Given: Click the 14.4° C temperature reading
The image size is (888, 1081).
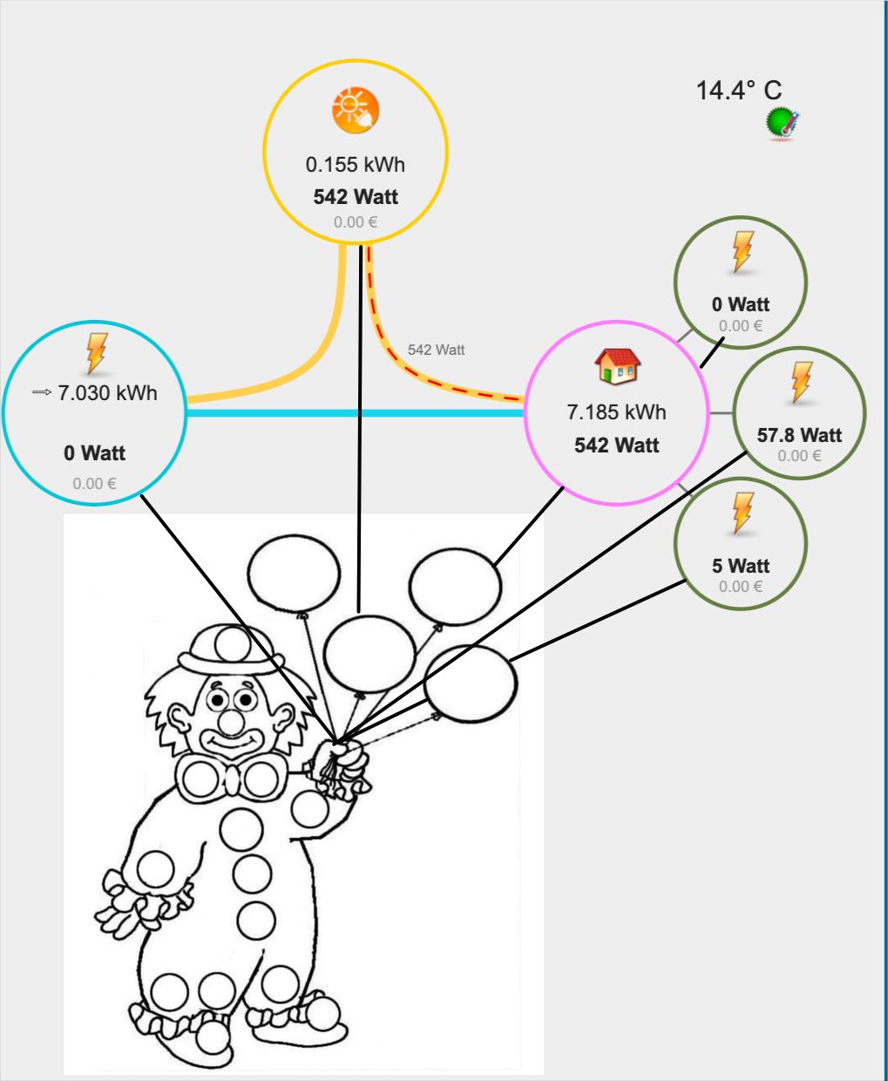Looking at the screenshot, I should tap(738, 90).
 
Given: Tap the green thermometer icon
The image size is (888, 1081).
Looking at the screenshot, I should tap(783, 124).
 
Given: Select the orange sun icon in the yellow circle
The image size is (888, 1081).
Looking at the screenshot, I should tap(356, 111).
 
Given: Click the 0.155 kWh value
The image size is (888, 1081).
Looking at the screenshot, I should tap(355, 164).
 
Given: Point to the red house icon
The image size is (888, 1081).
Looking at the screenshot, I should tap(617, 366).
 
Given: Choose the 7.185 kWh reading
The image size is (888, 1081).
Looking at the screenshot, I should tap(616, 411).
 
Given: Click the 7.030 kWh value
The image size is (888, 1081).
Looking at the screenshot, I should tap(107, 393).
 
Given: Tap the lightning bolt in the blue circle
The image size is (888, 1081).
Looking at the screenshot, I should tap(96, 353).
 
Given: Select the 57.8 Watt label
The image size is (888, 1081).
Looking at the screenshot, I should tap(799, 434).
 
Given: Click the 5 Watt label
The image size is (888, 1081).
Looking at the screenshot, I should tap(740, 566).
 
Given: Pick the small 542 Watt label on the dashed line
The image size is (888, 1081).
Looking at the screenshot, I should tap(436, 350).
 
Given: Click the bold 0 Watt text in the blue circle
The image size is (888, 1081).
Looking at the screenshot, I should tap(94, 453).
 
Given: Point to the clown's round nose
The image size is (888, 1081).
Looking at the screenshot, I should tap(230, 721).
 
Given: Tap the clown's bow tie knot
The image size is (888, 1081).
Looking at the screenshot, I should tap(229, 779).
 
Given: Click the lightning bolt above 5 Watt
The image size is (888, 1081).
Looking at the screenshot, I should tap(742, 513).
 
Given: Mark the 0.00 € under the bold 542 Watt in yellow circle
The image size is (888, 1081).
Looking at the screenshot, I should tap(355, 222).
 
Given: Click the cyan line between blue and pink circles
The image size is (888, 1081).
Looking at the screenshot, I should tap(349, 412).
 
